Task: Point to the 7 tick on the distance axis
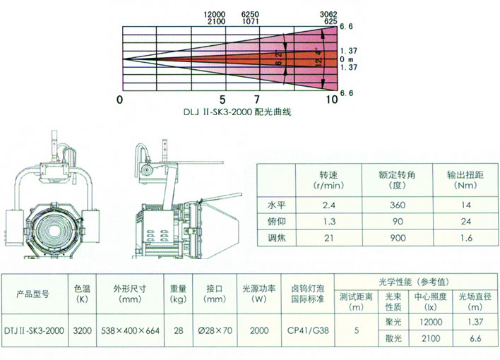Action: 257,100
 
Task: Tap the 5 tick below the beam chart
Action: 223,100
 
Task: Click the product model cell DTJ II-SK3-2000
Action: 35,329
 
